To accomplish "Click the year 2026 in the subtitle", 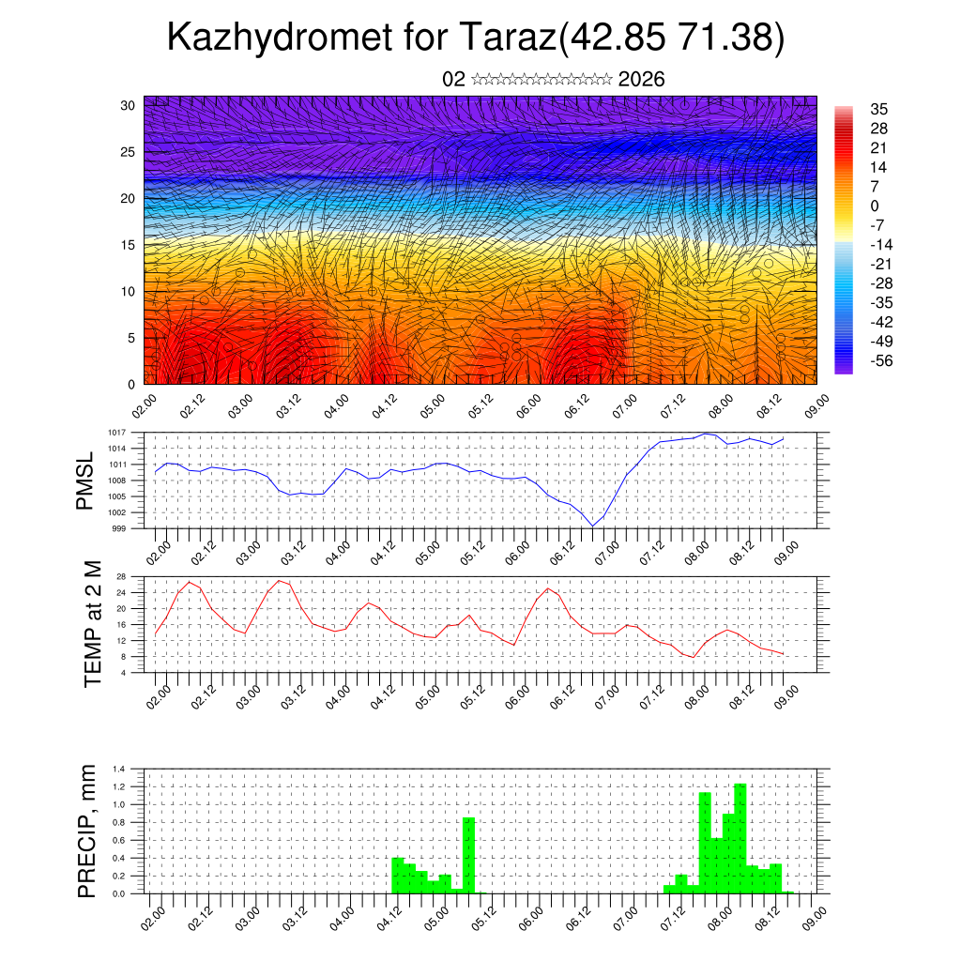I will click(x=641, y=80).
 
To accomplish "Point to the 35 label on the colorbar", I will click(x=879, y=109).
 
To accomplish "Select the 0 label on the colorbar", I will click(x=875, y=206).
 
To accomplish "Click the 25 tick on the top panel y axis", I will click(x=130, y=152).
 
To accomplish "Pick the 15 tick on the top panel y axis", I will click(x=130, y=245).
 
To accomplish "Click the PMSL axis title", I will click(x=86, y=480).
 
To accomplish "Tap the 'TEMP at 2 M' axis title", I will click(x=92, y=623).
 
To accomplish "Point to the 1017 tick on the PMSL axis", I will click(x=117, y=433).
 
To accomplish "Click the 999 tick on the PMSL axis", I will click(x=119, y=528).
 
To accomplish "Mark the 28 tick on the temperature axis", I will click(x=121, y=576).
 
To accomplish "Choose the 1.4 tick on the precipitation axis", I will click(x=119, y=769).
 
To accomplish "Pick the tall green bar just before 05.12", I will click(x=468, y=855).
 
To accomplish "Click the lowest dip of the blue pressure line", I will click(x=592, y=526).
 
